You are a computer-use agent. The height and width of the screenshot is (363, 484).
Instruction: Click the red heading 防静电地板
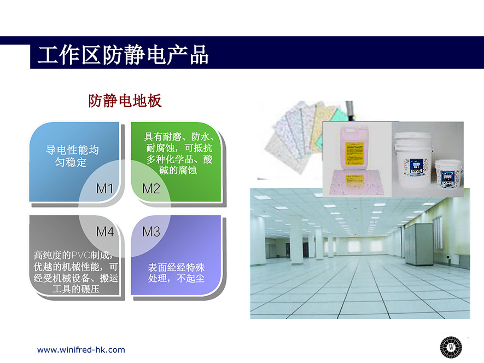[125, 101]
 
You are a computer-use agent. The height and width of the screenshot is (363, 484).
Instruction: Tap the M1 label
[104, 188]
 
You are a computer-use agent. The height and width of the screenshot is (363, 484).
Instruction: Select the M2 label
[151, 188]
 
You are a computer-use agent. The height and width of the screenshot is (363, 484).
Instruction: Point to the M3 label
[151, 232]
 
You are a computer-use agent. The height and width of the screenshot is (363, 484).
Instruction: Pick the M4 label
[105, 232]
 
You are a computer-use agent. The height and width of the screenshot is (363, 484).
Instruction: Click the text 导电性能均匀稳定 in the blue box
[72, 156]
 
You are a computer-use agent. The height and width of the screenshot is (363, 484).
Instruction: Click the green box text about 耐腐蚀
[179, 153]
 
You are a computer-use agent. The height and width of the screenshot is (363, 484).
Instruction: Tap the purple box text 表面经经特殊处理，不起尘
[176, 273]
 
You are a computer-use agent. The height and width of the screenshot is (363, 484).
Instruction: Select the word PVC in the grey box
[80, 255]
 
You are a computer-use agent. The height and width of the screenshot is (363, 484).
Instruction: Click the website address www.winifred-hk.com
[81, 350]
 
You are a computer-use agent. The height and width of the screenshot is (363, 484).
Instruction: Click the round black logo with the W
[451, 347]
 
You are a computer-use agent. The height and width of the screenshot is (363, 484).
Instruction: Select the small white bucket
[448, 174]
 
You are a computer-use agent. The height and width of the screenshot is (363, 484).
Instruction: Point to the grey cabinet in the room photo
[419, 244]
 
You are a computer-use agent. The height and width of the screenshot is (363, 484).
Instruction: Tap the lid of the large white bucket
[413, 136]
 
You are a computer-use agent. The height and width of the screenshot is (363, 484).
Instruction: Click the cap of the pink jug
[346, 126]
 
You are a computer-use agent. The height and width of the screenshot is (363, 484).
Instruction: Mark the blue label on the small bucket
[447, 177]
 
